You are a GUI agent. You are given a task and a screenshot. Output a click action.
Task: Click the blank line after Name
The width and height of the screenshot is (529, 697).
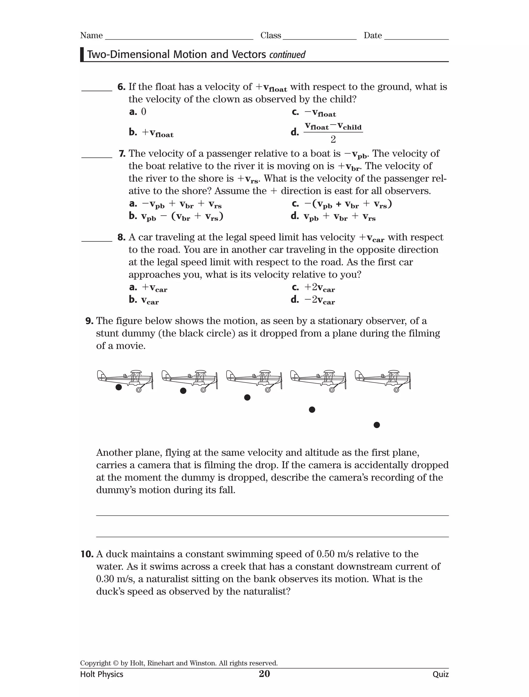click(179, 37)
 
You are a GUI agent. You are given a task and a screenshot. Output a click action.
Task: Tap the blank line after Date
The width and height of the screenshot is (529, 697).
click(416, 37)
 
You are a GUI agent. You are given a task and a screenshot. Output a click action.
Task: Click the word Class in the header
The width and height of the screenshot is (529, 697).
click(270, 35)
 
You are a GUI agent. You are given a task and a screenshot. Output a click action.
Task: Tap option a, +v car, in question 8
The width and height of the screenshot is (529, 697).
click(148, 287)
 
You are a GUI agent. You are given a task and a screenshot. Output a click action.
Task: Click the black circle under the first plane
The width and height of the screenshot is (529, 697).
click(119, 387)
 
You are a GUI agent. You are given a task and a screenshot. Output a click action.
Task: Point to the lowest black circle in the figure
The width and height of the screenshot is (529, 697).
click(376, 425)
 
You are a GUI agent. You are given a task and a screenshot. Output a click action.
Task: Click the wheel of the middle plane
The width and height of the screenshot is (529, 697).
click(267, 390)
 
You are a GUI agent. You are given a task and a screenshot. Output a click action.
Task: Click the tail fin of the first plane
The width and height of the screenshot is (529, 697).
click(101, 375)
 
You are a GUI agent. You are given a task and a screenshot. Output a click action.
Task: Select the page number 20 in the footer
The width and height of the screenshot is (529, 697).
click(264, 674)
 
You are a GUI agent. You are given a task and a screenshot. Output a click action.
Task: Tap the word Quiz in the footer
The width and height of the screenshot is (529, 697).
click(440, 674)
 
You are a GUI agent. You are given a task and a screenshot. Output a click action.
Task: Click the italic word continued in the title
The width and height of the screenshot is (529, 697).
click(287, 55)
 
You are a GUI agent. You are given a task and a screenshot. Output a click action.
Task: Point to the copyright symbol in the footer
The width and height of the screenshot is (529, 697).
click(115, 663)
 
